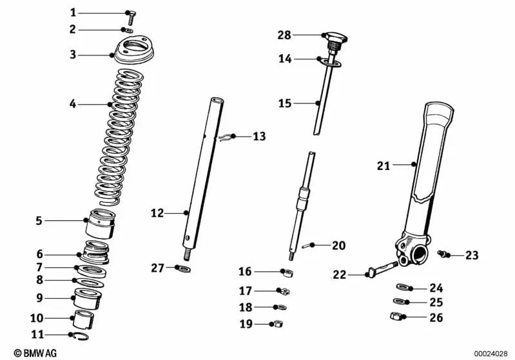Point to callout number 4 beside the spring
coord(73,103)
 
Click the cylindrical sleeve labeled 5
coord(101,222)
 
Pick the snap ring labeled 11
coord(83,334)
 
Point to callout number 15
coord(284,102)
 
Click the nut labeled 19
coord(281,324)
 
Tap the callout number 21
coord(384,166)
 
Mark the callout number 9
coord(39,298)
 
